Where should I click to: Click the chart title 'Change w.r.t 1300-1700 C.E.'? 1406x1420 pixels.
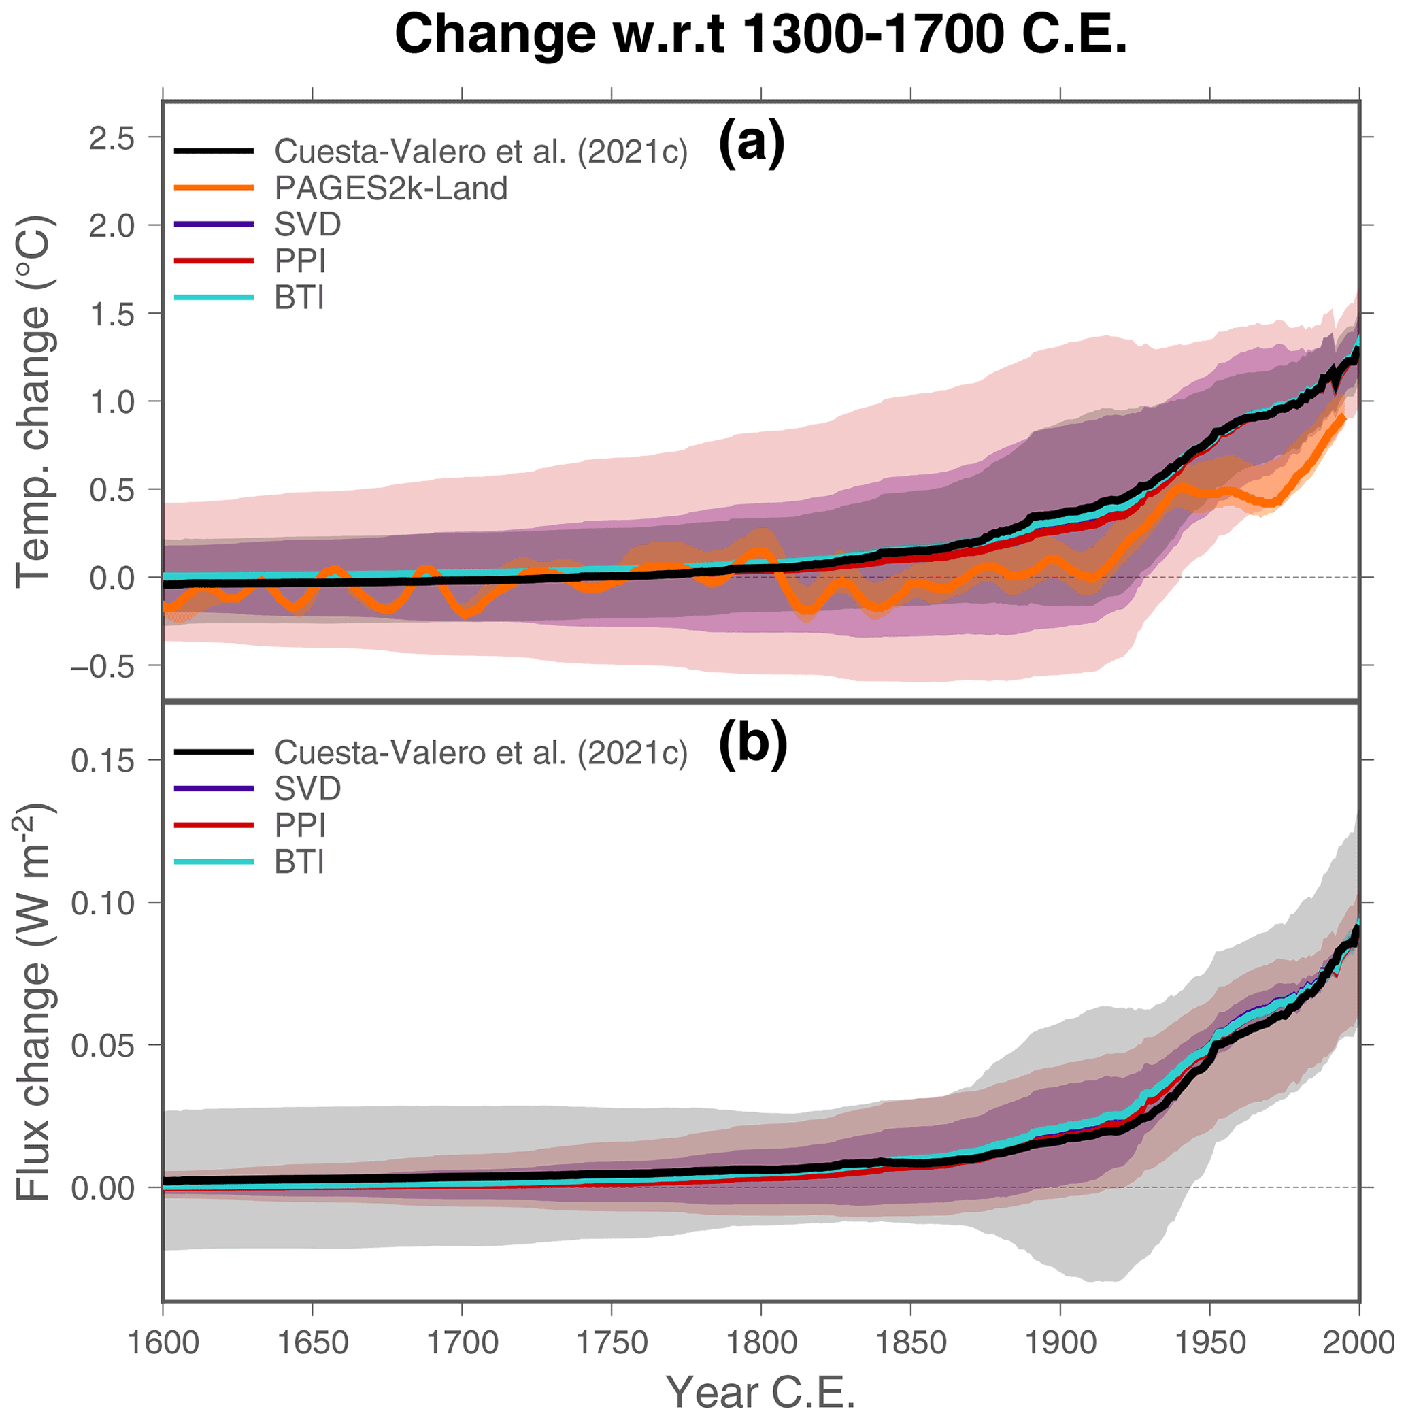pyautogui.click(x=760, y=35)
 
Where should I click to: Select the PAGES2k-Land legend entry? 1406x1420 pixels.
pyautogui.click(x=390, y=188)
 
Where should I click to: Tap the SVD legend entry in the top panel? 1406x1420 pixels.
pyautogui.click(x=307, y=224)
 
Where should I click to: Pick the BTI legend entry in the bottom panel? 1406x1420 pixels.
pyautogui.click(x=299, y=861)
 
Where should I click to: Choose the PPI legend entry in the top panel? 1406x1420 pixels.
pyautogui.click(x=300, y=261)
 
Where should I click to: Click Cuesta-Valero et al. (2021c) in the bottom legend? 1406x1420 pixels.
pyautogui.click(x=481, y=752)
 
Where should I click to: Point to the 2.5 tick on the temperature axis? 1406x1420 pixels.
pyautogui.click(x=112, y=137)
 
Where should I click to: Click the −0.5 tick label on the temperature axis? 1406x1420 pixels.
pyautogui.click(x=103, y=666)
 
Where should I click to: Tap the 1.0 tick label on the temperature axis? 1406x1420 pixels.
pyautogui.click(x=112, y=402)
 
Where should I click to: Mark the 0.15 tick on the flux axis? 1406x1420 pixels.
pyautogui.click(x=103, y=761)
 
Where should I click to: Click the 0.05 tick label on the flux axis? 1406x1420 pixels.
pyautogui.click(x=103, y=1045)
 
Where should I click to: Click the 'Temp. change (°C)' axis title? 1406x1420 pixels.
pyautogui.click(x=33, y=401)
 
